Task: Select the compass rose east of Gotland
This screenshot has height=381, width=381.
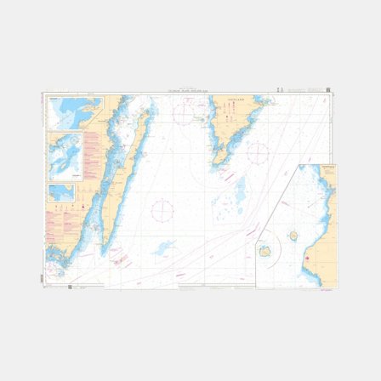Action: pos(258,154)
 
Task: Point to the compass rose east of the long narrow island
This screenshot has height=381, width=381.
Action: pos(162,209)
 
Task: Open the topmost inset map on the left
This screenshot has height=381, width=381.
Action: pos(71,112)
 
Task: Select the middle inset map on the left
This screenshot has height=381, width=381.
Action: pos(65,156)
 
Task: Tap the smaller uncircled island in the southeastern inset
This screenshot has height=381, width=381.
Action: pos(293,236)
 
